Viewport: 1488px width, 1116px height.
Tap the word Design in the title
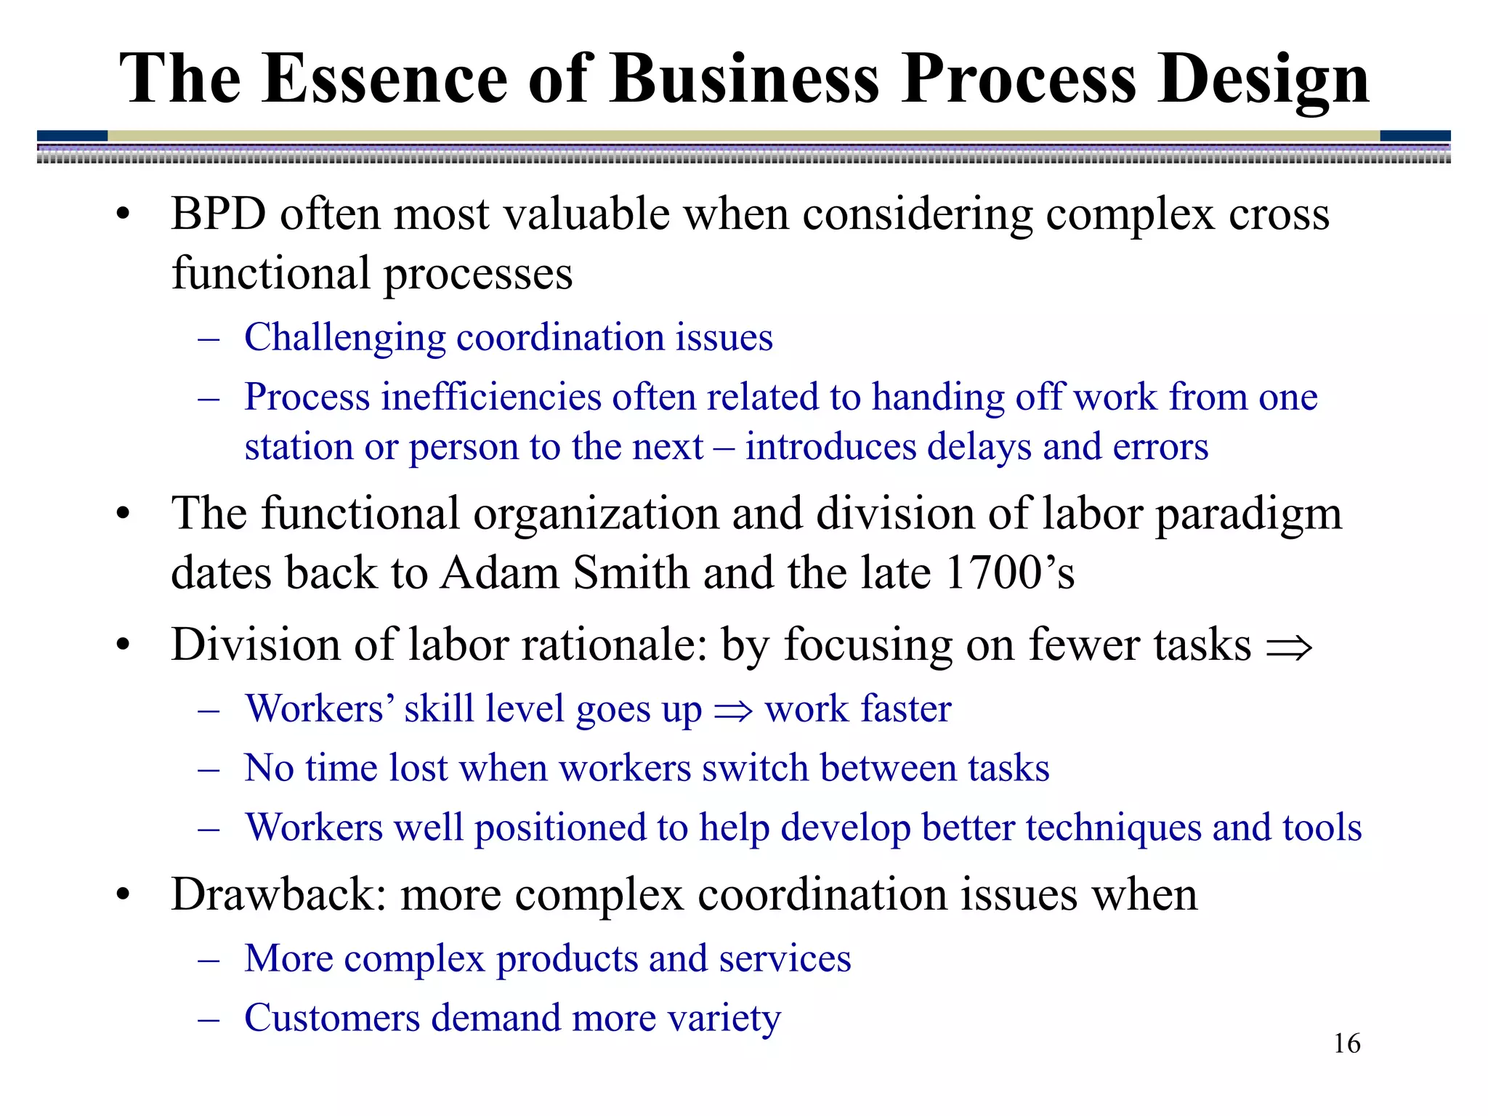click(x=1263, y=80)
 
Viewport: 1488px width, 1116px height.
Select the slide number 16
click(x=1346, y=1043)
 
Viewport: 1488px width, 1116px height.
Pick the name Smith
click(x=631, y=573)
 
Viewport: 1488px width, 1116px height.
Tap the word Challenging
click(x=345, y=338)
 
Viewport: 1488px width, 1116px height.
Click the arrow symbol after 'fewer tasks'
click(x=1289, y=647)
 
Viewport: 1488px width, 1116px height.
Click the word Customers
click(x=332, y=1017)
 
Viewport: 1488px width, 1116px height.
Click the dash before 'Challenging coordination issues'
click(x=209, y=339)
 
